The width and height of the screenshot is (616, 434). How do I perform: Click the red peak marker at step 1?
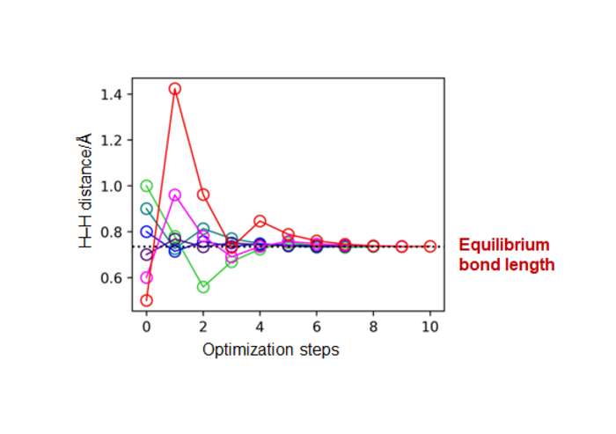175,89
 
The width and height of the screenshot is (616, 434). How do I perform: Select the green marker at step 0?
146,186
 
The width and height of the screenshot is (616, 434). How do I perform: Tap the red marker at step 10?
430,246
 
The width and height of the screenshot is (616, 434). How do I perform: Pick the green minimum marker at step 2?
203,287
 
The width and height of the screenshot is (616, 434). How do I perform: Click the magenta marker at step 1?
175,195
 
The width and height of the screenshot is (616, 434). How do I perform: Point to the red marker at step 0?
146,300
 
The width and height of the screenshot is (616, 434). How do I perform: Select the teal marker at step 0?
146,209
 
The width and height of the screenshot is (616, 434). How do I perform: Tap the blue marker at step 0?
146,232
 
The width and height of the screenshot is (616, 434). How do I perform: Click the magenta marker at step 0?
146,277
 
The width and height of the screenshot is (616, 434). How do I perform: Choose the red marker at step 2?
203,195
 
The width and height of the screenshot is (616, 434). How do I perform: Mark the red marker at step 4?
260,221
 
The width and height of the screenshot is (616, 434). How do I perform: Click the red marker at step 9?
402,246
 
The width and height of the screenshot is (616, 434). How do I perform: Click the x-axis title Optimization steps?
270,349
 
